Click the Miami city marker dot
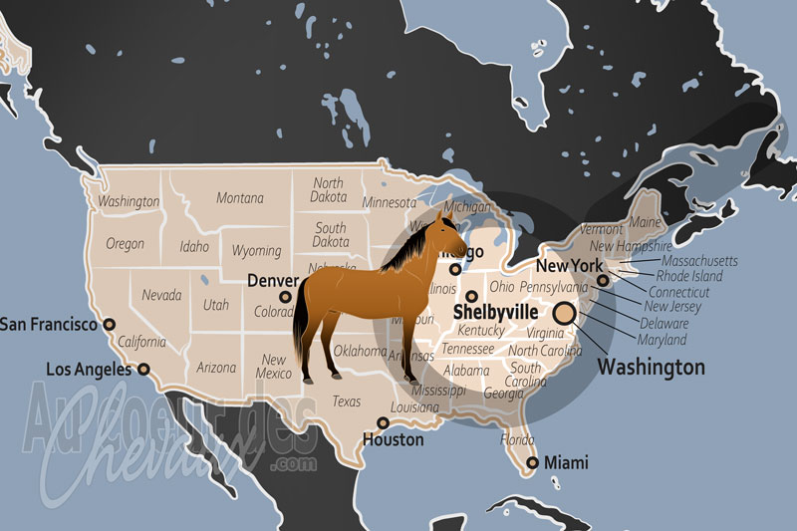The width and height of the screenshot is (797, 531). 532,462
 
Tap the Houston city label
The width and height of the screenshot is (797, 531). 393,439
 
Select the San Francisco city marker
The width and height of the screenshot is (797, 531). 110,324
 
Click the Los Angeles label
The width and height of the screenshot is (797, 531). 89,370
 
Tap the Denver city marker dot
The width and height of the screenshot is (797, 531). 285,296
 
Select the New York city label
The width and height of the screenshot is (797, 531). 569,266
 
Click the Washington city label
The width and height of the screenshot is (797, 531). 651,368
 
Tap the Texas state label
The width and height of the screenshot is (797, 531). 346,401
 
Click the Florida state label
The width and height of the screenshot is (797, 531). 517,438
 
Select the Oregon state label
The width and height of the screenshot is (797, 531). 125,244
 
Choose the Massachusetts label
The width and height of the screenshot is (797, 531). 696,260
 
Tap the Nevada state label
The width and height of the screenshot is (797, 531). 160,296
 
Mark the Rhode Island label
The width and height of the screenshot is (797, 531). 688,276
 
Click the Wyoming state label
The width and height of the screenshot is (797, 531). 256,250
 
